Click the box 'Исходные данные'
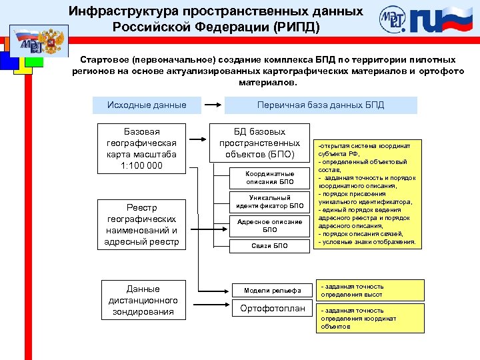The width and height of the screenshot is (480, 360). pyautogui.click(x=147, y=105)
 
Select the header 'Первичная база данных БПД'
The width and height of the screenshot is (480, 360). pyautogui.click(x=321, y=105)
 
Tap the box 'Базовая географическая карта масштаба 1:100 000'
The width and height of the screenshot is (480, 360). pyautogui.click(x=141, y=148)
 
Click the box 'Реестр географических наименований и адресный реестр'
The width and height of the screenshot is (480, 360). pyautogui.click(x=141, y=225)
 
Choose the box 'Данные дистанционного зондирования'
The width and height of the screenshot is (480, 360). pyautogui.click(x=143, y=300)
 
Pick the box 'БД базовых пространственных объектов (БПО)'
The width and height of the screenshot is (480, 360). pyautogui.click(x=260, y=143)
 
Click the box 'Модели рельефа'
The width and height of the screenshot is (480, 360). pyautogui.click(x=268, y=290)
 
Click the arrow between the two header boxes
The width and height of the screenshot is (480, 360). pyautogui.click(x=212, y=105)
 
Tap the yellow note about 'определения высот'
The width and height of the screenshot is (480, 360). pyautogui.click(x=369, y=290)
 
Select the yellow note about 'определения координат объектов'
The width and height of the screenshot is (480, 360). pyautogui.click(x=369, y=318)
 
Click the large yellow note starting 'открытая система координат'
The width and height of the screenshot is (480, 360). pyautogui.click(x=369, y=193)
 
